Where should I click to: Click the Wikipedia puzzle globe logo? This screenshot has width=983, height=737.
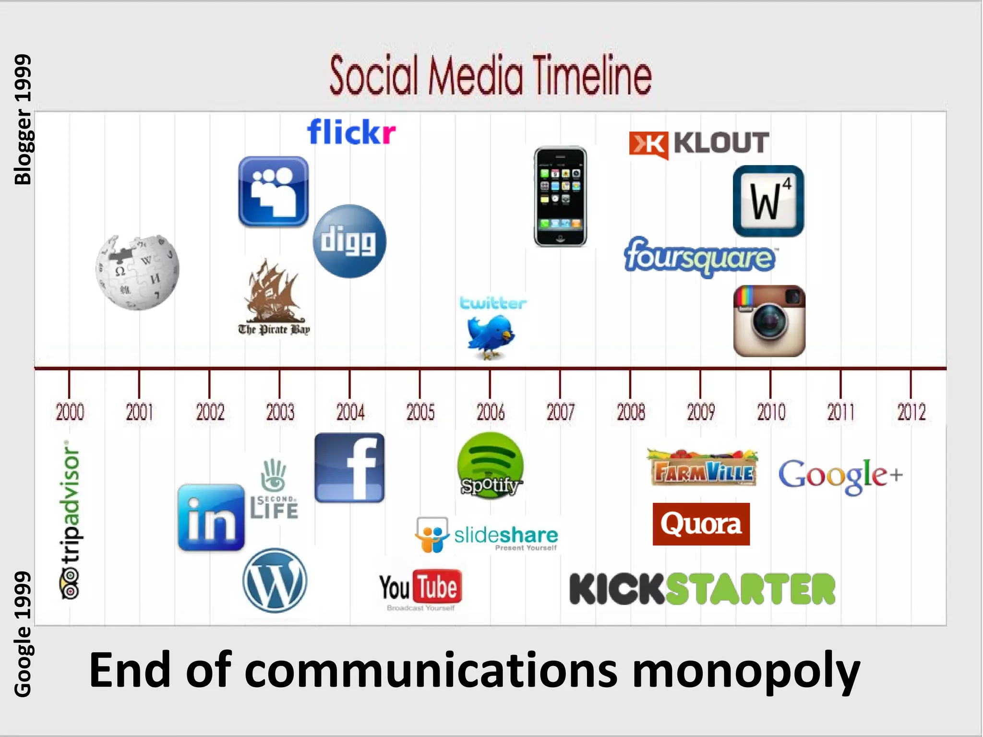pyautogui.click(x=137, y=273)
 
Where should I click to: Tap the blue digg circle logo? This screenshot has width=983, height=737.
pyautogui.click(x=349, y=241)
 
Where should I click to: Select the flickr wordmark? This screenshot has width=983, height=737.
pyautogui.click(x=351, y=132)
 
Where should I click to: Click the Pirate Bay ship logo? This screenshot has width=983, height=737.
pyautogui.click(x=274, y=297)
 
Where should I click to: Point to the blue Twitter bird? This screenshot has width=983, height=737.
pyautogui.click(x=491, y=336)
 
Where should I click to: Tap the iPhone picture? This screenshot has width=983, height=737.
pyautogui.click(x=560, y=197)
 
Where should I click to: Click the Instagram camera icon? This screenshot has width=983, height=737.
pyautogui.click(x=769, y=321)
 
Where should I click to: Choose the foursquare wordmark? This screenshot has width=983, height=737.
pyautogui.click(x=700, y=256)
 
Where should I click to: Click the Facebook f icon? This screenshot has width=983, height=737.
pyautogui.click(x=349, y=468)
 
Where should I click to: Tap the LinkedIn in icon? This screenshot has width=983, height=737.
pyautogui.click(x=211, y=517)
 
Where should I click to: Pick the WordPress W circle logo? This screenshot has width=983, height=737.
pyautogui.click(x=275, y=581)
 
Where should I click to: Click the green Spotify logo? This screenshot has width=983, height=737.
pyautogui.click(x=490, y=465)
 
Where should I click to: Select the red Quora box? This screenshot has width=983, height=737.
pyautogui.click(x=701, y=524)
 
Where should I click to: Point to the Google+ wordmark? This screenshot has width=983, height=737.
pyautogui.click(x=840, y=475)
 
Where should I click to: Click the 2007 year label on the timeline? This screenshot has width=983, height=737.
pyautogui.click(x=560, y=412)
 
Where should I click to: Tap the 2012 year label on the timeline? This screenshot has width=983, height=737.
pyautogui.click(x=911, y=412)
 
